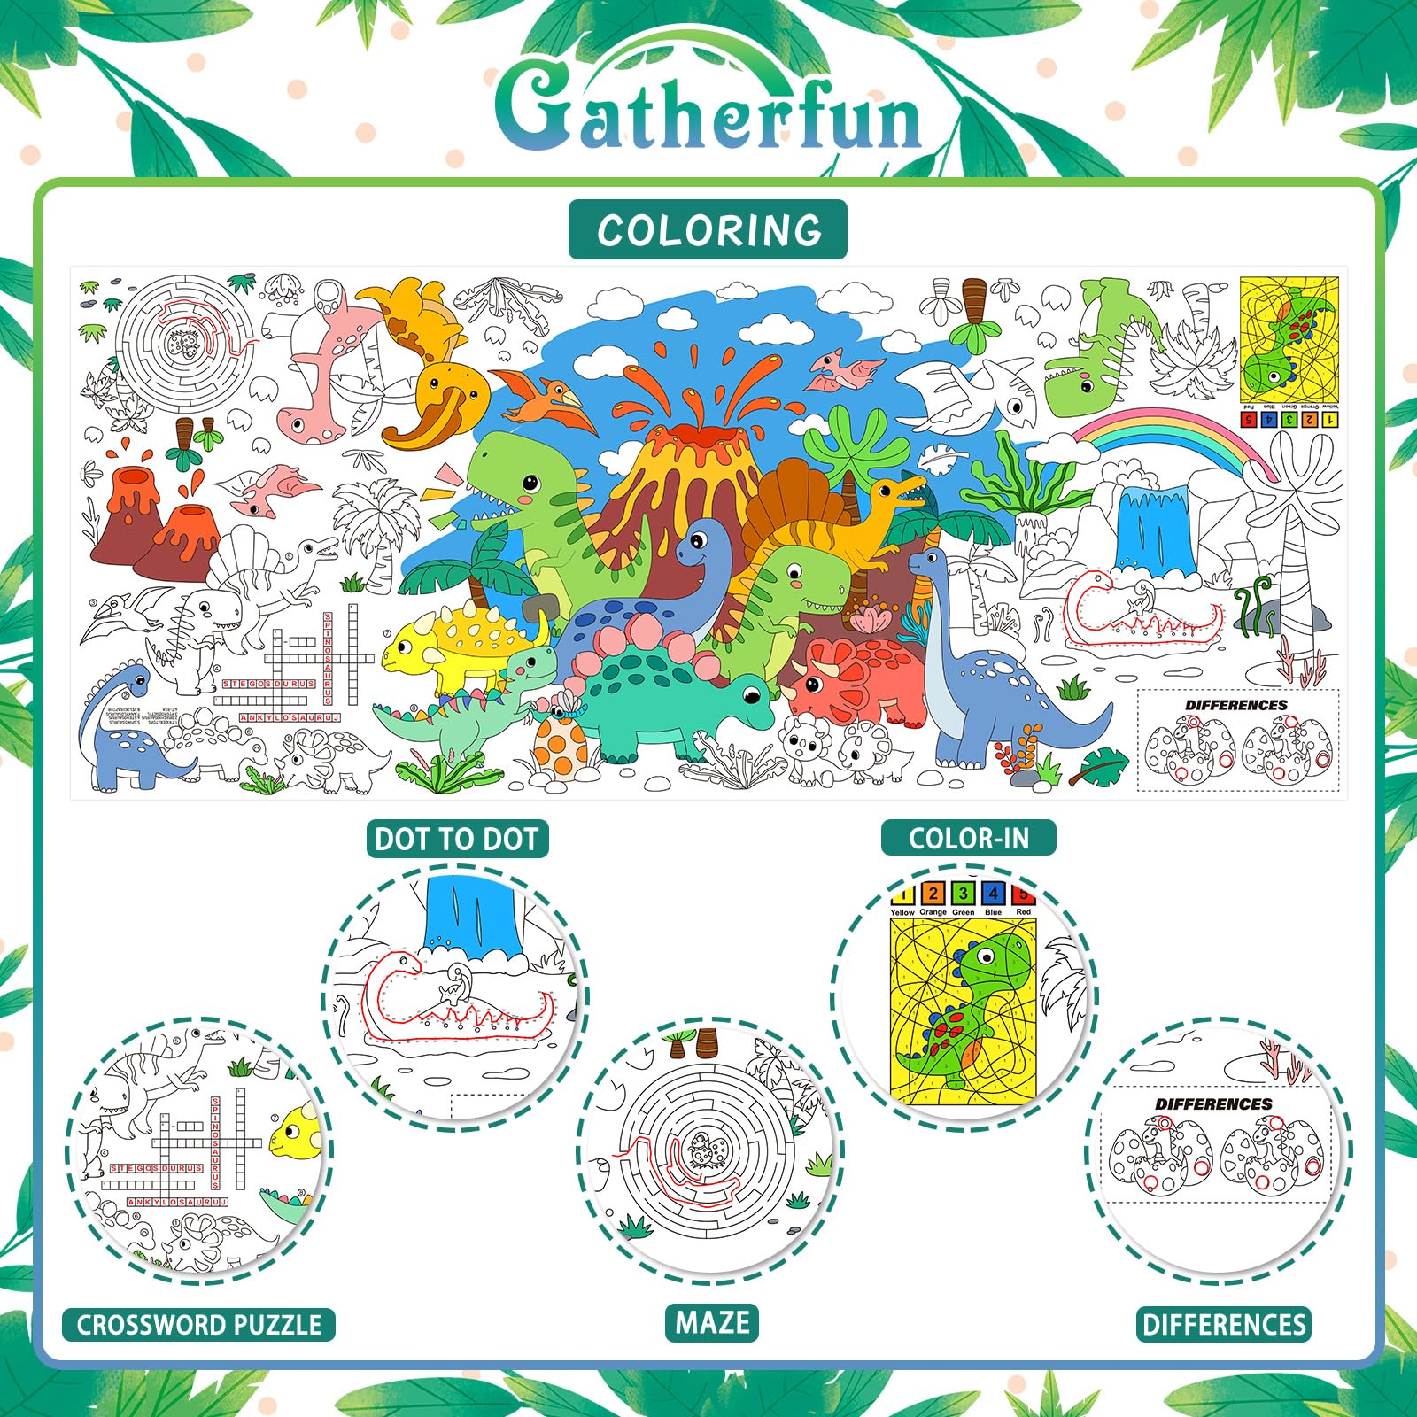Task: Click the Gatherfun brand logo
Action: click(x=708, y=111)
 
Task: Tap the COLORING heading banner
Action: click(x=708, y=230)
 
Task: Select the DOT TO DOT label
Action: click(x=457, y=839)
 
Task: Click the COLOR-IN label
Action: click(x=968, y=838)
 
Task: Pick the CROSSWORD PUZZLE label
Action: click(x=198, y=1325)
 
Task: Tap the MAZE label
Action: click(x=712, y=1323)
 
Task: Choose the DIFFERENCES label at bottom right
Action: click(x=1224, y=1325)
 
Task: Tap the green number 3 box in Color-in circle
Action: click(x=963, y=894)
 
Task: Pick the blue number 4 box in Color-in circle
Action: click(x=993, y=894)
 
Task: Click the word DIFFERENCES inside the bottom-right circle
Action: click(x=1213, y=1104)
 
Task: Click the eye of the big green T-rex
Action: click(x=530, y=483)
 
